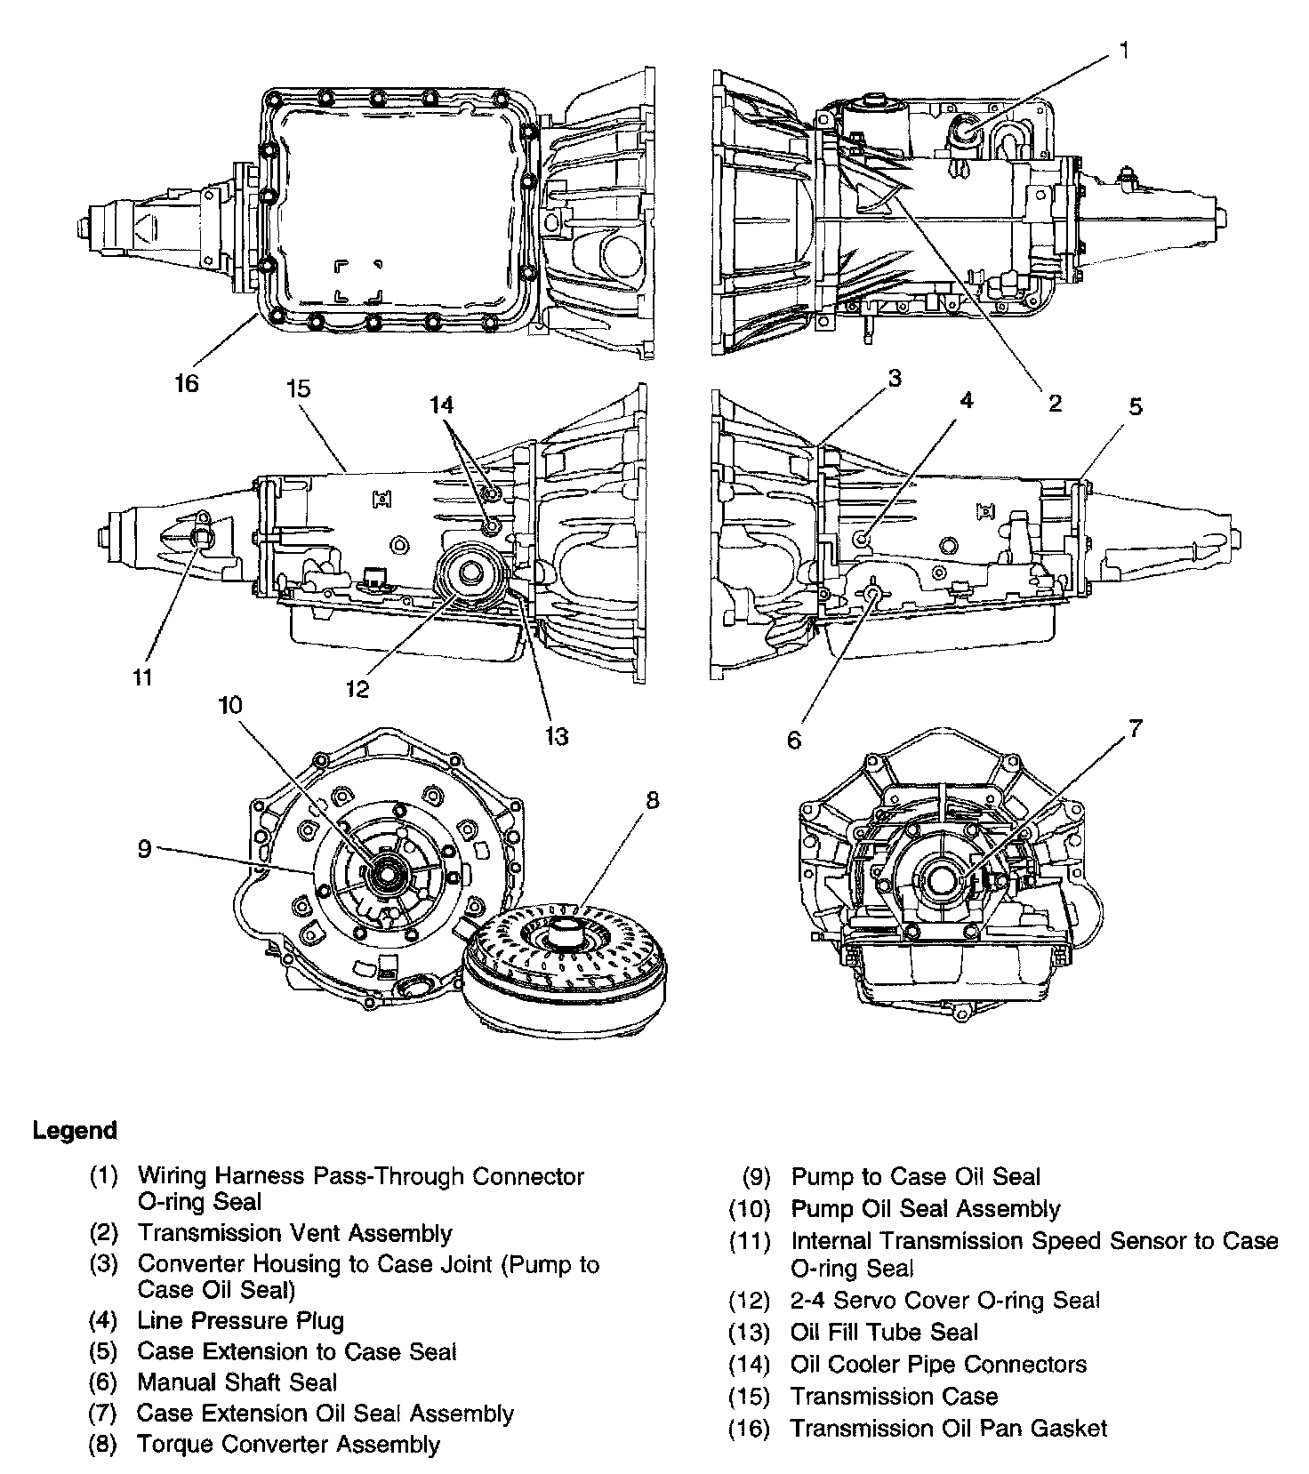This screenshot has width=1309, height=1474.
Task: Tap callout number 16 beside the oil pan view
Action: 187,383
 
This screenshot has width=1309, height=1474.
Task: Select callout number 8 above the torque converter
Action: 653,800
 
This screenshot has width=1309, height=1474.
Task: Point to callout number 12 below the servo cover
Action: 357,689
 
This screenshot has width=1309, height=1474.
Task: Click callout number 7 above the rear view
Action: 1135,729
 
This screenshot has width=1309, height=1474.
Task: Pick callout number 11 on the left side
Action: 142,677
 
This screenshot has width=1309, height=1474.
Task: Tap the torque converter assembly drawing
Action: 564,969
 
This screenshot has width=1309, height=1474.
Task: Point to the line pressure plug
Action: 861,539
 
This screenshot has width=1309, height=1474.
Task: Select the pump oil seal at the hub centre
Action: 389,873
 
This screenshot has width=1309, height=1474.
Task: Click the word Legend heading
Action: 75,1131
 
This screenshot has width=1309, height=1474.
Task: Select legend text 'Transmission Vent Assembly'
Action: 294,1233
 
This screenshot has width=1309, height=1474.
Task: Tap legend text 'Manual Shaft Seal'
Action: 237,1382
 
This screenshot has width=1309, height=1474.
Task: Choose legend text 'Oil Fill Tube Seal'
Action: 884,1332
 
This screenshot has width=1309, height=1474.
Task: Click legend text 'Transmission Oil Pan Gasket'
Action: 949,1429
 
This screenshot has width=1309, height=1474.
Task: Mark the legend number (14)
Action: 749,1364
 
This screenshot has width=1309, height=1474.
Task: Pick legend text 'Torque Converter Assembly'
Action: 288,1445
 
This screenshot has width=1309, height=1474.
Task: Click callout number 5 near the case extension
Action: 1136,407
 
